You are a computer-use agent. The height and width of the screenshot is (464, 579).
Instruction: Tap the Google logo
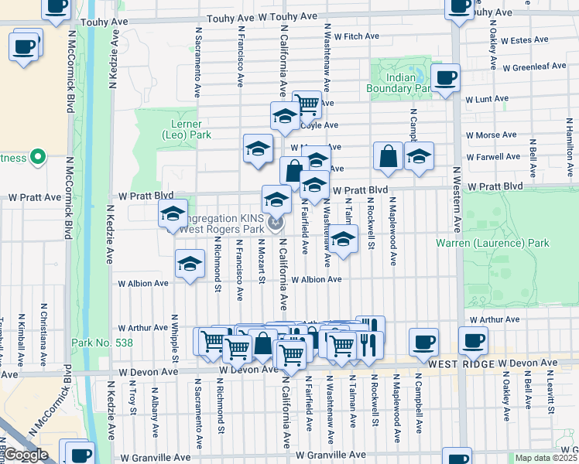click(x=26, y=455)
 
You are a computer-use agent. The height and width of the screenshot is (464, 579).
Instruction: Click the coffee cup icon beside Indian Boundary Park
click(x=446, y=79)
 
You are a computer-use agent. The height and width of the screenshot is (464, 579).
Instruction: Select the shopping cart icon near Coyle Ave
click(x=307, y=104)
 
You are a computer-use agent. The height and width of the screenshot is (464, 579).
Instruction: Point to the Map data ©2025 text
click(x=546, y=458)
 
